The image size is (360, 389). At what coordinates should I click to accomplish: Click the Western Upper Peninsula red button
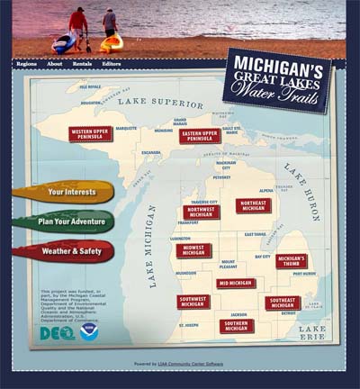(x=91, y=134)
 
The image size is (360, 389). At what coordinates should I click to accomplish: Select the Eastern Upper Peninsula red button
(x=200, y=136)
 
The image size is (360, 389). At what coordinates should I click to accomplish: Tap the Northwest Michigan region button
(x=202, y=213)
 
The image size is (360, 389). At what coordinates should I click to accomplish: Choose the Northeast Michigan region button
(x=253, y=205)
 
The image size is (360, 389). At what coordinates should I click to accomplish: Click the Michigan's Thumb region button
(x=292, y=261)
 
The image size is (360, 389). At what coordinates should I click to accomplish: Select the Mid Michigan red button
(x=236, y=283)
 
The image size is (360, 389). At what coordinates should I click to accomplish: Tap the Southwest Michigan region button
(x=193, y=302)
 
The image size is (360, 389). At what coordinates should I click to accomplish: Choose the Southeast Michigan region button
(x=283, y=303)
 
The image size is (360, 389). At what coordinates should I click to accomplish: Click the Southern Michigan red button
(x=237, y=326)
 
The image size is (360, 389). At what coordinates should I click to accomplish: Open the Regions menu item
(x=27, y=64)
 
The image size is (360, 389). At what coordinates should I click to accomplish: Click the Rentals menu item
(x=83, y=64)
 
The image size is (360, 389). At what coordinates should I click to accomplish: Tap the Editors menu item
(x=112, y=64)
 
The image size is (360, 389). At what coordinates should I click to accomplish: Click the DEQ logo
(x=57, y=332)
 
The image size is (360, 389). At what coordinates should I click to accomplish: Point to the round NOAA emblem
(x=89, y=331)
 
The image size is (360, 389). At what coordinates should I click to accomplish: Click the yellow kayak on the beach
(x=112, y=41)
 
